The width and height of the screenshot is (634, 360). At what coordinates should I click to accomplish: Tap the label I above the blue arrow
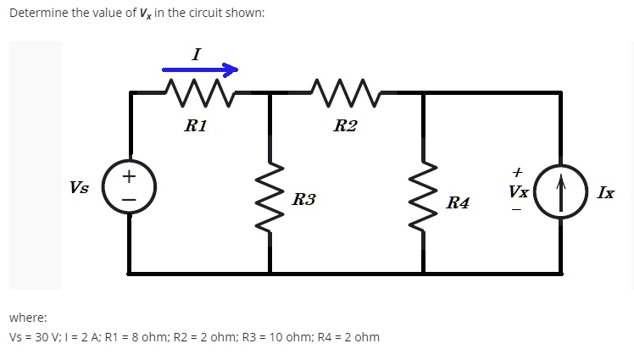click(197, 53)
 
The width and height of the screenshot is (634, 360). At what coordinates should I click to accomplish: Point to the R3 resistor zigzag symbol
click(270, 200)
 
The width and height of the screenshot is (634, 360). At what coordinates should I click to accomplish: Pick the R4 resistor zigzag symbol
click(424, 200)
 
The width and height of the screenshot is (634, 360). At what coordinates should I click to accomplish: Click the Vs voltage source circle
click(130, 187)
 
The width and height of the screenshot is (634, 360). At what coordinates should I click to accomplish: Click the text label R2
click(345, 127)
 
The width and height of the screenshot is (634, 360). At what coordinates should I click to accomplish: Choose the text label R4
click(459, 202)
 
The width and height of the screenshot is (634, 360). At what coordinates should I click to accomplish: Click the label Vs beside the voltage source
click(81, 187)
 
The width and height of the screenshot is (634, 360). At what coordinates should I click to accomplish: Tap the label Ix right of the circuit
click(606, 192)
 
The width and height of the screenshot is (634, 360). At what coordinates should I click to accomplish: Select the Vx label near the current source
click(519, 192)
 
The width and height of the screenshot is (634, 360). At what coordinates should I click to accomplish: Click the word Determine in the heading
click(37, 14)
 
